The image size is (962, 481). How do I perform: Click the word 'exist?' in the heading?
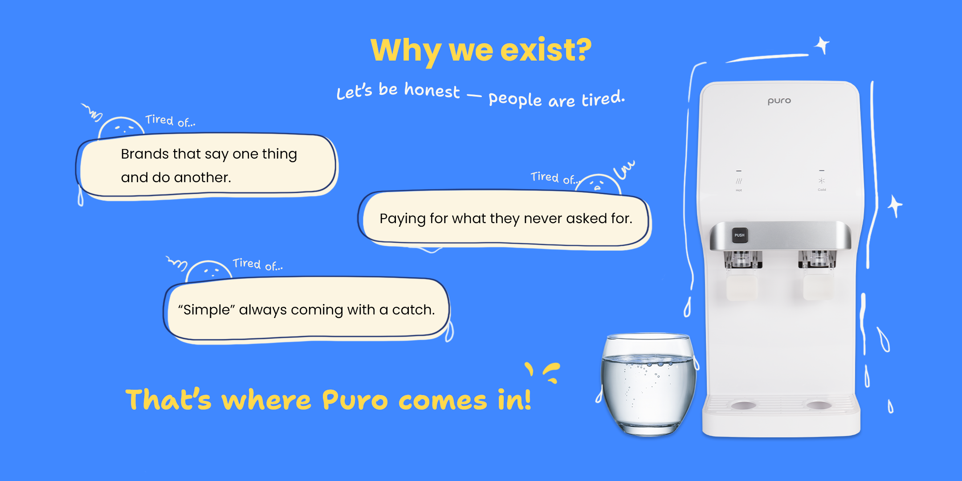click(546, 50)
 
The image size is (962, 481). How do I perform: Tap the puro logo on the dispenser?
click(779, 101)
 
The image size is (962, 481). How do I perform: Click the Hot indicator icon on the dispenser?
click(739, 181)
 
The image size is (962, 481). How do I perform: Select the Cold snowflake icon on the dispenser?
click(822, 181)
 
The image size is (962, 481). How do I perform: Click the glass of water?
click(648, 384)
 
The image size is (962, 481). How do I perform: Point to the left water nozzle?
click(742, 260)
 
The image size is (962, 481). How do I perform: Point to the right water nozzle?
click(817, 259)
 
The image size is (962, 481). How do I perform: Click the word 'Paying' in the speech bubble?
click(403, 219)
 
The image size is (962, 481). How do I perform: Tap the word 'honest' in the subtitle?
click(432, 90)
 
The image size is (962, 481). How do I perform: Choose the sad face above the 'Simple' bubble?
click(209, 270)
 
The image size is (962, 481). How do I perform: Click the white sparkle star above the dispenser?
click(822, 45)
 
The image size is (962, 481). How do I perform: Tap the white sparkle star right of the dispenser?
click(895, 206)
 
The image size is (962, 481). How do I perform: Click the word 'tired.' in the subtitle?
click(603, 98)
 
